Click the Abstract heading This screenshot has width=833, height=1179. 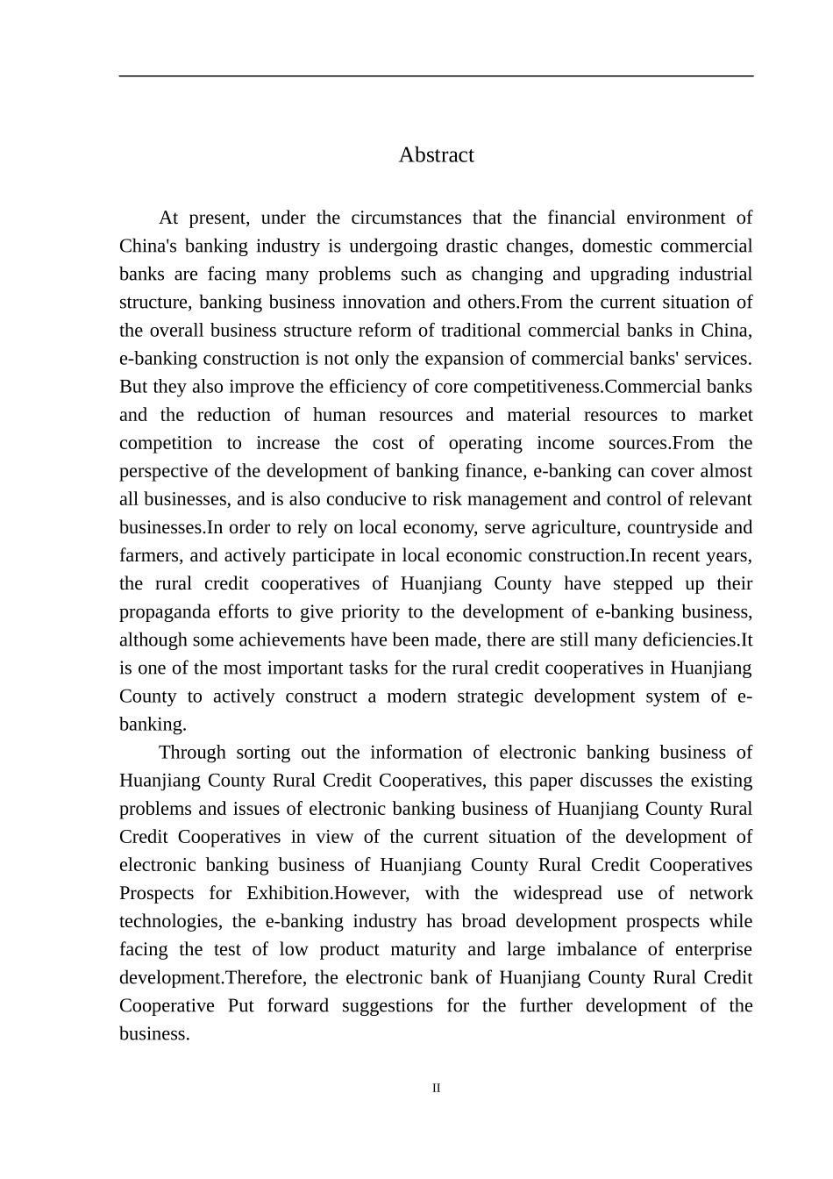point(436,155)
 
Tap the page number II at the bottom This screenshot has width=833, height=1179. point(436,1089)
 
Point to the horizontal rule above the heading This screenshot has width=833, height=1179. point(436,76)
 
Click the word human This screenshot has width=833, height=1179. point(339,415)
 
